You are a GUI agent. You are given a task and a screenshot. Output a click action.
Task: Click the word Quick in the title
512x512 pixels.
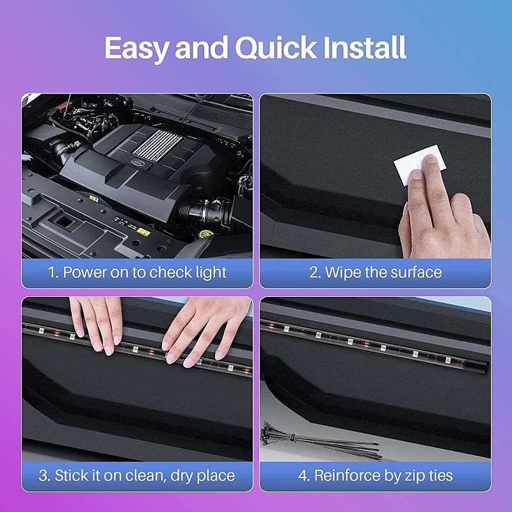(276, 48)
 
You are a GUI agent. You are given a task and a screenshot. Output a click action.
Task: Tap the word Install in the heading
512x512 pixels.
(365, 47)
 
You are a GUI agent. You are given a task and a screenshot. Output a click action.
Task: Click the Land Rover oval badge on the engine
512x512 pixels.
(138, 162)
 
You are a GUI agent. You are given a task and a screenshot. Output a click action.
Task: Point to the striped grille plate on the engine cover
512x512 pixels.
(157, 145)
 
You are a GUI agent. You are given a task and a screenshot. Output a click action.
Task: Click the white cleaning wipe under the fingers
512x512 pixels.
(419, 165)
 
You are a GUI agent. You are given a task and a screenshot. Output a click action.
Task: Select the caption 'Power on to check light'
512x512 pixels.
(145, 273)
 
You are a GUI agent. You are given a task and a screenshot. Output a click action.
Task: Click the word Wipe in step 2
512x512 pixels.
(343, 273)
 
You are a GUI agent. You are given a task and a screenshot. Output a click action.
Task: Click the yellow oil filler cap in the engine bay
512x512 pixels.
(205, 234)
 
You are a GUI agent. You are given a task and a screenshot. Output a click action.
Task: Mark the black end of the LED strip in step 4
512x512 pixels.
(475, 366)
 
